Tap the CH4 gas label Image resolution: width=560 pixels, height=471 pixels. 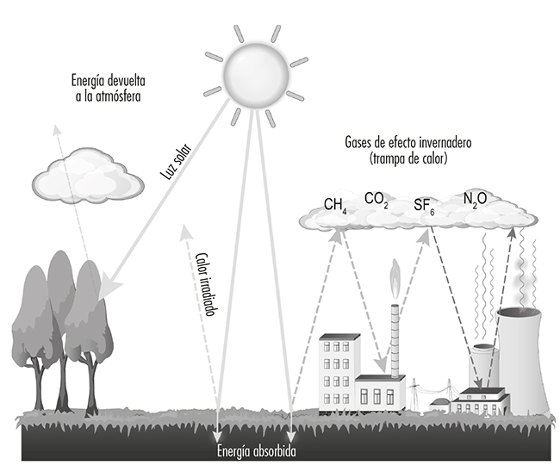(335, 205)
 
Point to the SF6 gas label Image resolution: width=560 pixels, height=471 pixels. (424, 205)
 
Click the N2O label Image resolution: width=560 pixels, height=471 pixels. (475, 199)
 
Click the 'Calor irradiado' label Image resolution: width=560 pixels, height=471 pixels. (204, 285)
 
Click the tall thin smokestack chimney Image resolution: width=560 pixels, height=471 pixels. (395, 340)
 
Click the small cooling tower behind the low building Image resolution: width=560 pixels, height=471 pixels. (482, 366)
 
